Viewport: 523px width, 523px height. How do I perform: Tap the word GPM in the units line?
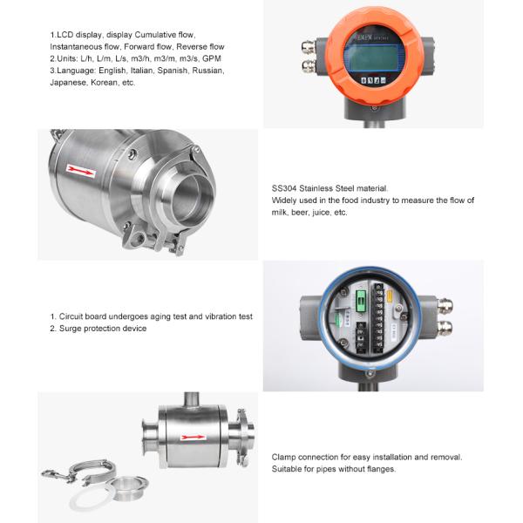coord(212,58)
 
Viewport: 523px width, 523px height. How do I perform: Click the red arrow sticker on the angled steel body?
coord(81,171)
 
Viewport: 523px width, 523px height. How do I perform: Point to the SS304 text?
coord(284,188)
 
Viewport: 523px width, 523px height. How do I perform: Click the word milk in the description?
coord(279,213)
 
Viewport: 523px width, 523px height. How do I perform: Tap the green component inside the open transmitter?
coord(360,302)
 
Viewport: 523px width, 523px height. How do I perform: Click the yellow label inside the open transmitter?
coord(390,297)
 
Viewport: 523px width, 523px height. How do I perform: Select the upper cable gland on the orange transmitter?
coord(309,46)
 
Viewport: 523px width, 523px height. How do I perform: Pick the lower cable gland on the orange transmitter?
coord(309,65)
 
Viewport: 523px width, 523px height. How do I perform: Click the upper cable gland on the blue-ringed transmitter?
coord(445,306)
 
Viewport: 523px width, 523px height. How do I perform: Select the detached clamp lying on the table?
coord(80,472)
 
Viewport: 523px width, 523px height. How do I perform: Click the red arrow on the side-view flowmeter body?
coord(193,438)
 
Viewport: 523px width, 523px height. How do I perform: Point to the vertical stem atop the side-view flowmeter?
coord(192,399)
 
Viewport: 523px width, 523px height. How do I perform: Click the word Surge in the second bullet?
coord(70,329)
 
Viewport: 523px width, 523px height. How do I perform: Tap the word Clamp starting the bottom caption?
coord(283,457)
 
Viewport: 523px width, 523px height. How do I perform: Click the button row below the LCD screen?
coord(374,80)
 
